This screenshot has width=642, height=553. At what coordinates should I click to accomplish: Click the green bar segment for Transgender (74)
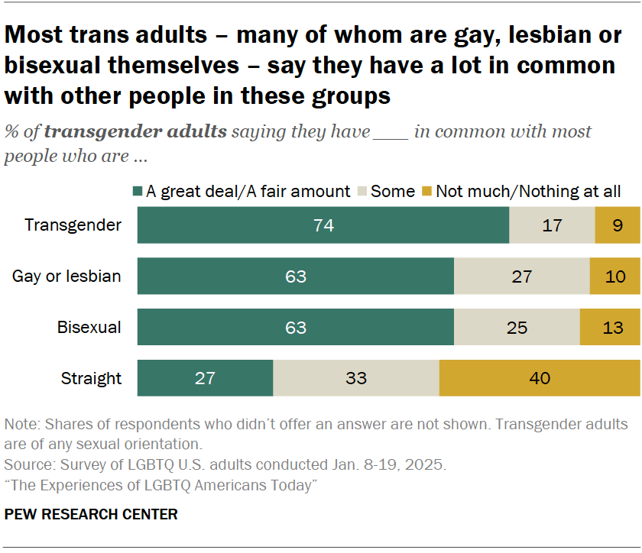click(x=323, y=225)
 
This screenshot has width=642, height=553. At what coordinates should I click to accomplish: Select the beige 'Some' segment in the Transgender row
click(x=552, y=225)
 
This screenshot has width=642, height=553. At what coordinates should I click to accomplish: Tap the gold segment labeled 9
click(x=617, y=225)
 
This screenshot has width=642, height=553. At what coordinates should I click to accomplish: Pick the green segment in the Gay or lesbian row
click(x=296, y=276)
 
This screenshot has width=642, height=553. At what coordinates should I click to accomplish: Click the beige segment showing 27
click(x=522, y=276)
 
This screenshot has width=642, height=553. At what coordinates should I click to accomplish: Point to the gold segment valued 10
click(x=614, y=276)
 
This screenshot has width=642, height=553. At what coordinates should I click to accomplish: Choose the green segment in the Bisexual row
click(x=296, y=327)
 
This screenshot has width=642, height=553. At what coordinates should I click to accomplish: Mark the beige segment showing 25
click(x=517, y=327)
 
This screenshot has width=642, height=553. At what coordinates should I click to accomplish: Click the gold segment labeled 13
click(x=609, y=327)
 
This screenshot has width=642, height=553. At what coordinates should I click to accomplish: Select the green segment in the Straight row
click(x=205, y=377)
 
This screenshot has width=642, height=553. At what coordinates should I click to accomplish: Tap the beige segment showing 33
click(x=356, y=377)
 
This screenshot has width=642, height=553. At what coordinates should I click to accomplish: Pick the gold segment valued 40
click(x=539, y=377)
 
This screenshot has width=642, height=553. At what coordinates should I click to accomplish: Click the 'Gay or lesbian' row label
click(x=66, y=276)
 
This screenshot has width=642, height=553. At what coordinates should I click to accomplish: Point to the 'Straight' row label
click(x=91, y=377)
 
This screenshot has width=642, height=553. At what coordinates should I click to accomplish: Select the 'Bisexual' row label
click(x=89, y=327)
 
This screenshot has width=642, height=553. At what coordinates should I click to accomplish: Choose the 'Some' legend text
click(x=392, y=192)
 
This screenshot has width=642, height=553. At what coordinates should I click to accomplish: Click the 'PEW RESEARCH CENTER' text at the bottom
click(x=91, y=514)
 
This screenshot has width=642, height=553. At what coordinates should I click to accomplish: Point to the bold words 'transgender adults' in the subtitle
click(x=135, y=131)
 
